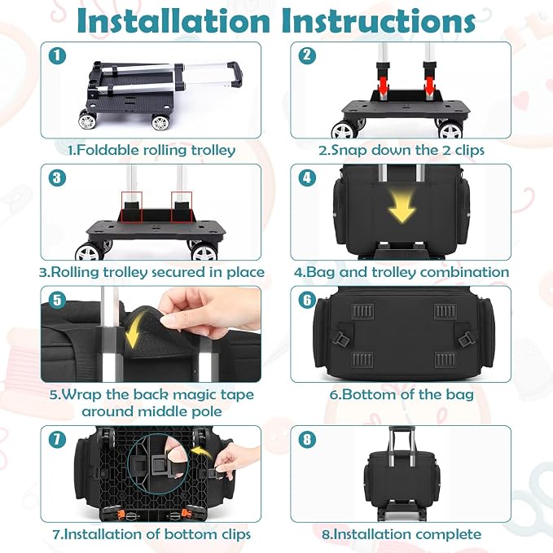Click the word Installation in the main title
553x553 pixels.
(173, 21)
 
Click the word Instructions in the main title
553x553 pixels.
(379, 21)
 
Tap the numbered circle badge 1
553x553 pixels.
(57, 55)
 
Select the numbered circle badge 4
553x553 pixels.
(307, 178)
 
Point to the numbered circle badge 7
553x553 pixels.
(57, 440)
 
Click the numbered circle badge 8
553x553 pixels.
(307, 440)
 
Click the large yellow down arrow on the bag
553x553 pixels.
(402, 207)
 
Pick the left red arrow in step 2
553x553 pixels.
(383, 86)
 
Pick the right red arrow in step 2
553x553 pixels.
(429, 86)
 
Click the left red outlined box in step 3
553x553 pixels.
(131, 207)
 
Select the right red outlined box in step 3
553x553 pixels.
(182, 207)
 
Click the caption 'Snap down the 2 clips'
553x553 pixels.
(402, 150)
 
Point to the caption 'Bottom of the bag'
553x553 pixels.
(402, 394)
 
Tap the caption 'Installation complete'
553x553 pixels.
(402, 534)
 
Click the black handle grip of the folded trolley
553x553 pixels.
(236, 73)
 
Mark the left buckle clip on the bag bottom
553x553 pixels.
(341, 340)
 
